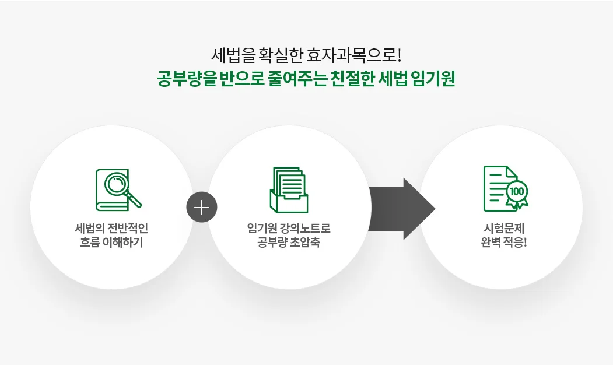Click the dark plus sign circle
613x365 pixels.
pyautogui.click(x=202, y=207)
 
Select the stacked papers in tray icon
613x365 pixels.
pyautogui.click(x=289, y=190)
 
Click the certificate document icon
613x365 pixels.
pyautogui.click(x=506, y=188)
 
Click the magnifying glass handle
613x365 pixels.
pyautogui.click(x=134, y=199)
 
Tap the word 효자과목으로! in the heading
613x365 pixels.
pyautogui.click(x=354, y=55)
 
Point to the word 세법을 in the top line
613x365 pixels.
pyautogui.click(x=233, y=55)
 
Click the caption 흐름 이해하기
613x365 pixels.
pyautogui.click(x=111, y=243)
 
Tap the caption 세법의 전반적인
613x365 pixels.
pyautogui.click(x=111, y=228)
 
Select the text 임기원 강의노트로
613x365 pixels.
pyautogui.click(x=289, y=228)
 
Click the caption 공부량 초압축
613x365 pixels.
pyautogui.click(x=289, y=243)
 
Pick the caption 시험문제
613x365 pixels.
pyautogui.click(x=505, y=228)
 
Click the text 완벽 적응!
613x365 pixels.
pyautogui.click(x=505, y=243)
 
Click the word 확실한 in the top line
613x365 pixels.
pyautogui.click(x=281, y=55)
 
